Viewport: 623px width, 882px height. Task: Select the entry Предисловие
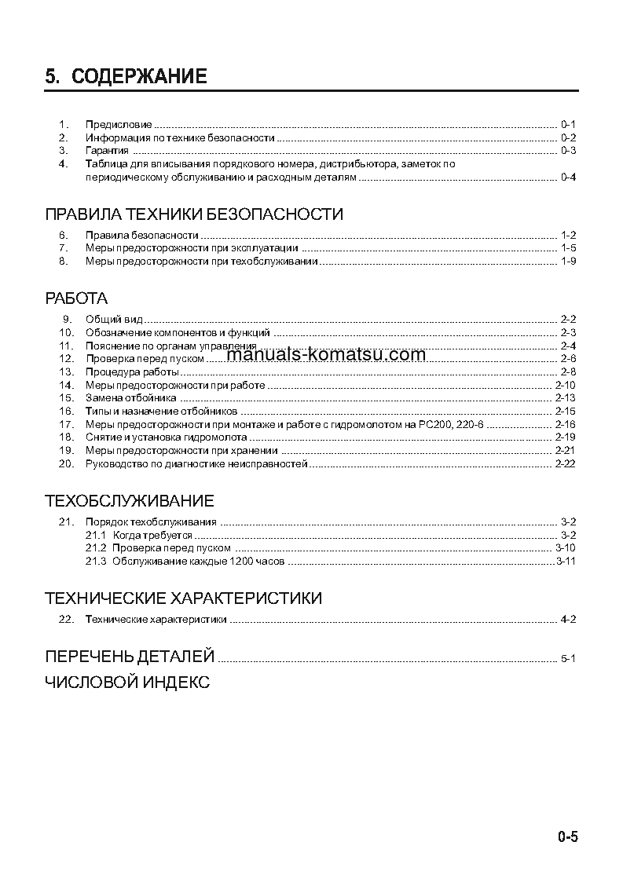tap(118, 124)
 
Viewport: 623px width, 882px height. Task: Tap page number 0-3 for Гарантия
tap(568, 150)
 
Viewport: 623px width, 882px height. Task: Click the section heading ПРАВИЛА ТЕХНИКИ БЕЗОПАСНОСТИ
tap(194, 214)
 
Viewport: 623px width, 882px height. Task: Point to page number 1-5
tap(568, 247)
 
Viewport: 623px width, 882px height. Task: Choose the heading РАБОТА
tap(76, 298)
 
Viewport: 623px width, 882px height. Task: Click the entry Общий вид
tap(113, 319)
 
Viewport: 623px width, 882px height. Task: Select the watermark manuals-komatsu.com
tap(325, 354)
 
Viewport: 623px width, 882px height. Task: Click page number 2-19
tap(565, 437)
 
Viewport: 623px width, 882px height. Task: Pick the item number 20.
tap(66, 464)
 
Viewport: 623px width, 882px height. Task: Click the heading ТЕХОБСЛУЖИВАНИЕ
tap(130, 501)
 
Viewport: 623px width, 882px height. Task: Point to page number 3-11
tap(566, 562)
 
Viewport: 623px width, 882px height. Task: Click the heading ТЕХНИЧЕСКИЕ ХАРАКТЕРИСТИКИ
tap(183, 598)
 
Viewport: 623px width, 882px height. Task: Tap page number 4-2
tap(568, 619)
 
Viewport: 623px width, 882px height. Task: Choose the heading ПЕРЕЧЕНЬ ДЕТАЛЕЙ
tap(130, 656)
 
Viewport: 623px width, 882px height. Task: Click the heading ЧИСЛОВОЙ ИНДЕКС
tap(127, 683)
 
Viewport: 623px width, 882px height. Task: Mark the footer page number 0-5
tap(567, 837)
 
